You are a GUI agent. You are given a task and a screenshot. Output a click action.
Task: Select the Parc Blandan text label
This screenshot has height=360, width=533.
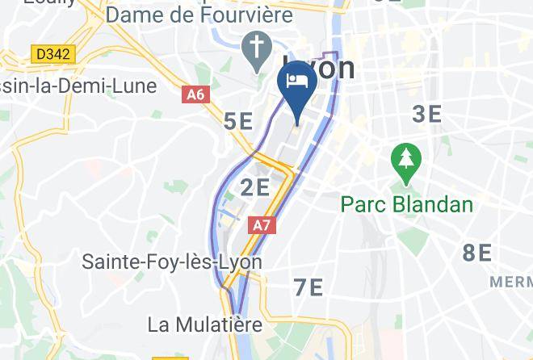point(406,203)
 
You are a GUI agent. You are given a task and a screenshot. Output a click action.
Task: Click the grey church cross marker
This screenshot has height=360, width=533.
point(257,50)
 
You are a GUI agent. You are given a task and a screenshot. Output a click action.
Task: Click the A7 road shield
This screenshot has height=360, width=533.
point(262,225)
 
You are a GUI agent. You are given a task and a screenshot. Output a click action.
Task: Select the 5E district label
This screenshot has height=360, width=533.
point(238,121)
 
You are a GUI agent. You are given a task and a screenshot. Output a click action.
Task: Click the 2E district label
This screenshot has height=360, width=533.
point(255,188)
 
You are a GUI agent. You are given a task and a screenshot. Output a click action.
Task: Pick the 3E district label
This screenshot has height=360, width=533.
point(427,114)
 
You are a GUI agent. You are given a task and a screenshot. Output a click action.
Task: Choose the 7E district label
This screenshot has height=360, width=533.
point(308,287)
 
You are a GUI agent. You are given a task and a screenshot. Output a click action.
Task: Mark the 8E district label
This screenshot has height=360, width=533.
point(477,253)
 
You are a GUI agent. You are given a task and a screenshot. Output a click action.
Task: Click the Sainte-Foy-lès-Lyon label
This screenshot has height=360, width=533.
point(172,262)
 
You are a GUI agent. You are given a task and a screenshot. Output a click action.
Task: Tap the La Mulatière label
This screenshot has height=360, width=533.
point(205,324)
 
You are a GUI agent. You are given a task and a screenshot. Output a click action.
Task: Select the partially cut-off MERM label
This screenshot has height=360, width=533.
point(512,282)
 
